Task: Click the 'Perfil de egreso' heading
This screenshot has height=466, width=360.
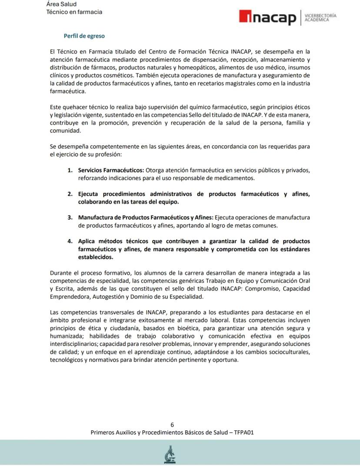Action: click(x=84, y=36)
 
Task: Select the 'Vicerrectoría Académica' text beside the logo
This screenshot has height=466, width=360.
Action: click(x=320, y=18)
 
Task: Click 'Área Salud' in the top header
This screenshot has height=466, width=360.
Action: click(x=61, y=4)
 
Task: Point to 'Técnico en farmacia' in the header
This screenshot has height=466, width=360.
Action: click(x=74, y=12)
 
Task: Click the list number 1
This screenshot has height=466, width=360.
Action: click(x=70, y=170)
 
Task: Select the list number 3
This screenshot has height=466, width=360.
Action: click(x=70, y=218)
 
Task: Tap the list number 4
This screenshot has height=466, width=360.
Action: click(x=70, y=241)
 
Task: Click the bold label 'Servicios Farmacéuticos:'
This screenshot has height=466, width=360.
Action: click(x=111, y=170)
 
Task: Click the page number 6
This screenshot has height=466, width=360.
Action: click(x=172, y=425)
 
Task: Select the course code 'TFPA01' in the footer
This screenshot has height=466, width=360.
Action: click(x=244, y=432)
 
